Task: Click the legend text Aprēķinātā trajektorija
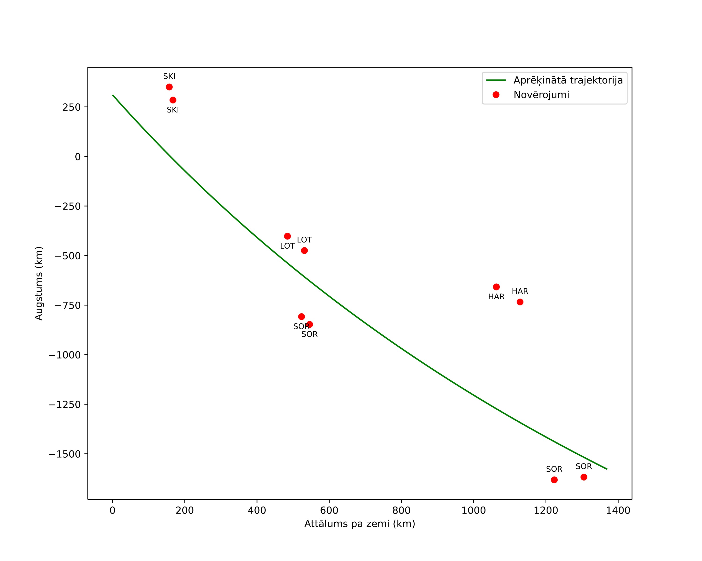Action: click(568, 80)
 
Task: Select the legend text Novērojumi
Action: click(541, 95)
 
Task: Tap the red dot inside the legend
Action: click(496, 95)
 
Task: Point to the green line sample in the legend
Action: click(496, 80)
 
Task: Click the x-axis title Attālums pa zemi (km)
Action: click(360, 524)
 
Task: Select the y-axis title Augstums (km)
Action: click(39, 283)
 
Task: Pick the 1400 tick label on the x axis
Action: click(618, 510)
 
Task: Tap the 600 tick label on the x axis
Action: click(329, 510)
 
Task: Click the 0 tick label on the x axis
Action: click(112, 510)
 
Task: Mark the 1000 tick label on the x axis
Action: click(474, 510)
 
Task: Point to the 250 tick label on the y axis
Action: click(71, 107)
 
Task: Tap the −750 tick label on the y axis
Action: click(67, 306)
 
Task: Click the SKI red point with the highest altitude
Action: click(169, 87)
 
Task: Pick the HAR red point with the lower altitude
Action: click(520, 302)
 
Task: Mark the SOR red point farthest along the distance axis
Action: click(584, 477)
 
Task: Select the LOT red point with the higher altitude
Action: click(287, 236)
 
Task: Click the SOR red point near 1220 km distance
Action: click(554, 480)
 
